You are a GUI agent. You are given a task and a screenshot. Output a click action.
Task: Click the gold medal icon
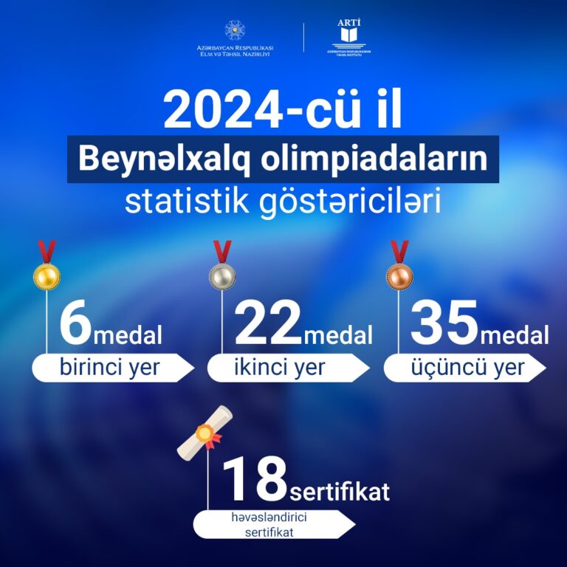pos(47,265)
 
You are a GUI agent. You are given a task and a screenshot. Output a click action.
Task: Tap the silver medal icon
pos(222,265)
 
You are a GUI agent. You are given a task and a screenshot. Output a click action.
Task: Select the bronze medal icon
pos(399,265)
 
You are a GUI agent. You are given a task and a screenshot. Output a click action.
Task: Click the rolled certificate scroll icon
pos(205,433)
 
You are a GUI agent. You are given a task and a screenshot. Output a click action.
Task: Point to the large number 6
pos(75,322)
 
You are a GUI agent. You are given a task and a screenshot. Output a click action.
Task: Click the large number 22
pos(268,322)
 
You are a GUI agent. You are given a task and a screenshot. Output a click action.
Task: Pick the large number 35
pos(444,322)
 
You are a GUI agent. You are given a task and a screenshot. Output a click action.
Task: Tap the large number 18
pos(255,478)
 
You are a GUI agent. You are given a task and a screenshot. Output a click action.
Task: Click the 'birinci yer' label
pos(109,368)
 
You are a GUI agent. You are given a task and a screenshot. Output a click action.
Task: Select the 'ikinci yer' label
pos(280,368)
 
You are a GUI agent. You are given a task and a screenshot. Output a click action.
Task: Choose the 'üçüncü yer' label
pos(467,368)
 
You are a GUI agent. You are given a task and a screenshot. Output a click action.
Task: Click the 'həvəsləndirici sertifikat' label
pos(269,524)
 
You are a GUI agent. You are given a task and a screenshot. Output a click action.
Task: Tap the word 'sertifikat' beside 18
pos(340,491)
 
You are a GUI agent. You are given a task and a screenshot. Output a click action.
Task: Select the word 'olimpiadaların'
pos(374,159)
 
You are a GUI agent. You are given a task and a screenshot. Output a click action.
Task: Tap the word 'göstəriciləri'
pos(350,202)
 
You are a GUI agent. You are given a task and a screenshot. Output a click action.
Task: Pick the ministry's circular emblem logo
pos(235,30)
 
